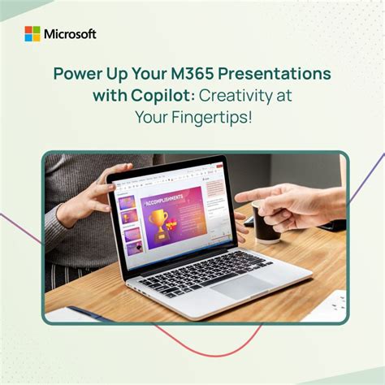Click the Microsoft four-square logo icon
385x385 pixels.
32,34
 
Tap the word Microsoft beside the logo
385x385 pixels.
71,34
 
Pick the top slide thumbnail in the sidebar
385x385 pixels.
128,202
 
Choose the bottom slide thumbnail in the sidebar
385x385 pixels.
132,248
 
